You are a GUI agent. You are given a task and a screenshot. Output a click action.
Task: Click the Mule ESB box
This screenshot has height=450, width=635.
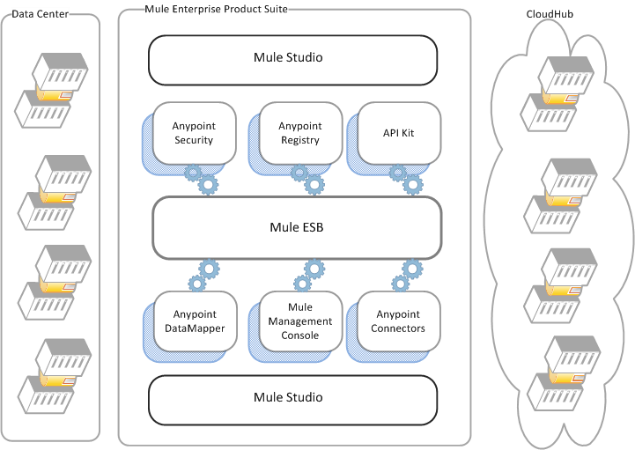pyautogui.click(x=296, y=227)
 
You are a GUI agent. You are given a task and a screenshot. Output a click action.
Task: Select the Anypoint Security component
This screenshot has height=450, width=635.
pyautogui.click(x=194, y=133)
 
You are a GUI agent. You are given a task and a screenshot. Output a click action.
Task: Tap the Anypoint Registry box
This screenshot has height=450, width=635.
pyautogui.click(x=299, y=133)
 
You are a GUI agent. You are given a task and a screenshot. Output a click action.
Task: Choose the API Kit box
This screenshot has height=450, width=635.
pyautogui.click(x=397, y=133)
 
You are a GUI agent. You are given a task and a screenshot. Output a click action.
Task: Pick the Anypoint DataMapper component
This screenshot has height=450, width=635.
pyautogui.click(x=194, y=321)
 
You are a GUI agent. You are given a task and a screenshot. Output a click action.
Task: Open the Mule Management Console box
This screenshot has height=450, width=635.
pyautogui.click(x=299, y=321)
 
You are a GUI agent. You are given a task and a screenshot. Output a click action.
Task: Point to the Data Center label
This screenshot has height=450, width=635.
pyautogui.click(x=40, y=14)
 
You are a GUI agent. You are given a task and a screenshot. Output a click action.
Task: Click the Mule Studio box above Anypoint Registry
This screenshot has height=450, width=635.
pyautogui.click(x=292, y=58)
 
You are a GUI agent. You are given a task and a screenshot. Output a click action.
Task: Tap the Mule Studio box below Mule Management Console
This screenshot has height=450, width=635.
pyautogui.click(x=292, y=397)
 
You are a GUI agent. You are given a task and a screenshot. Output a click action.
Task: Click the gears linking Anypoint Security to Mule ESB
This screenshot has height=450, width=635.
pyautogui.click(x=201, y=180)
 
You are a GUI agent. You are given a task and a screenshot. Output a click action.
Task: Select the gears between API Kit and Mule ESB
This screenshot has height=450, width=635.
pyautogui.click(x=406, y=180)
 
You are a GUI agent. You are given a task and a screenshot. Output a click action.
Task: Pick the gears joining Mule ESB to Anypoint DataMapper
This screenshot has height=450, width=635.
pyautogui.click(x=203, y=275)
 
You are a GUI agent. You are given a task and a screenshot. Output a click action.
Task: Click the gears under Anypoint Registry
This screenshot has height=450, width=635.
pyautogui.click(x=307, y=180)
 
